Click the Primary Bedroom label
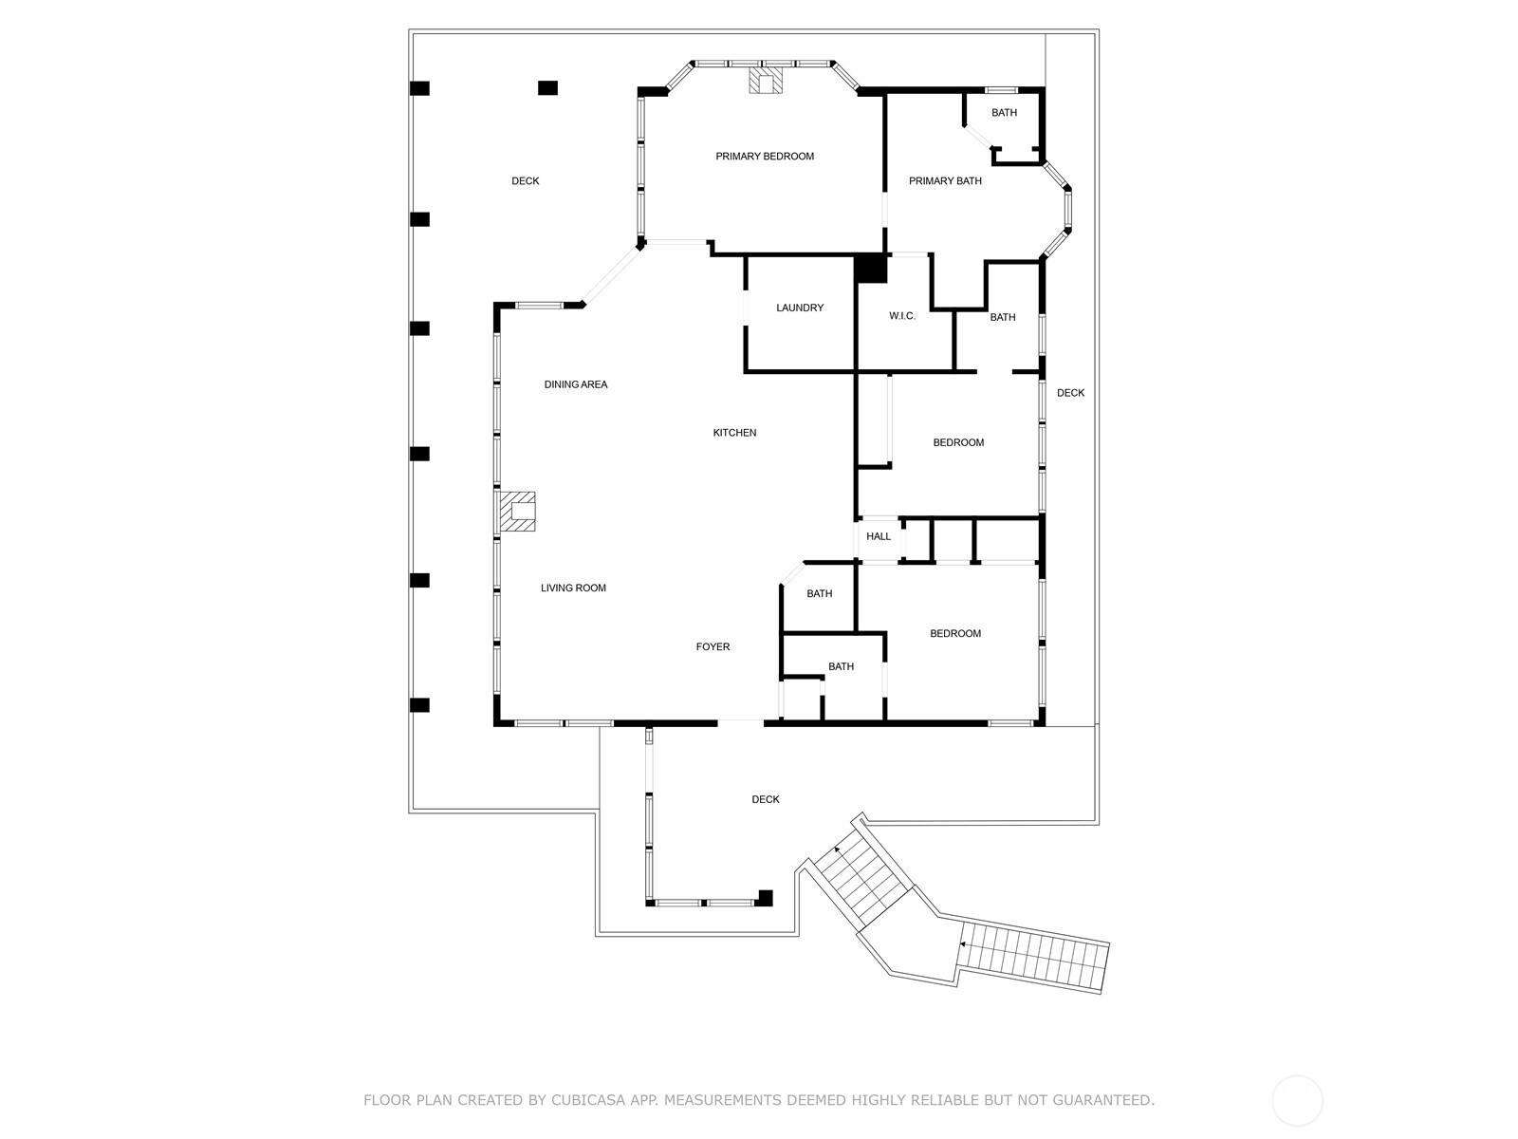765,157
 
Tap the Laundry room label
800,308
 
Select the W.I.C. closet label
902,316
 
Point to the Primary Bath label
945,181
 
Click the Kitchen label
734,433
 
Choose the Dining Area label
575,384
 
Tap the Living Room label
573,588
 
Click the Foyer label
713,647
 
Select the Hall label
879,536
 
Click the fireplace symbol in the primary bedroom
766,82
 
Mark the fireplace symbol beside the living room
518,511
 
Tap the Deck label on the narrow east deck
1070,393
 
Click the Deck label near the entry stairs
766,800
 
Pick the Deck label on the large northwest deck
525,181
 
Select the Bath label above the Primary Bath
1004,113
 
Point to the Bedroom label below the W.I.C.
958,442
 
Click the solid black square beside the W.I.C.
870,269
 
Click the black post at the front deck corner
765,897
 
